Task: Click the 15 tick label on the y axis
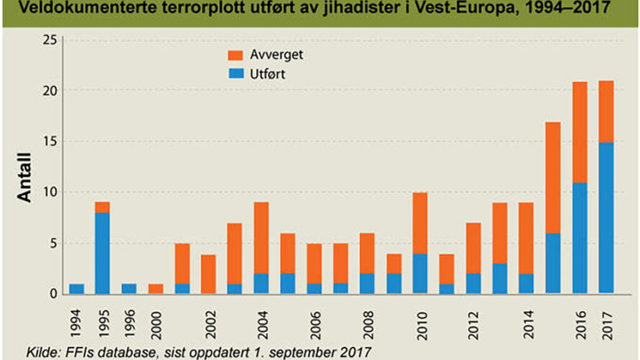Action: point(49,142)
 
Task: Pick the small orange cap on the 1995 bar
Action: point(102,207)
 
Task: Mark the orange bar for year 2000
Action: point(156,288)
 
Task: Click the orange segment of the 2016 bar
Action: point(579,132)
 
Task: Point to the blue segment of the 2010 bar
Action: point(421,272)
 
